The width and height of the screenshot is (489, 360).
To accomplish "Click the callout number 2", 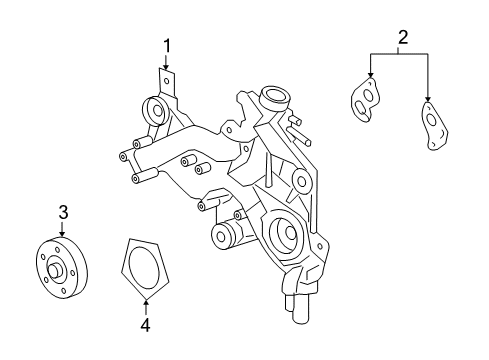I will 402,38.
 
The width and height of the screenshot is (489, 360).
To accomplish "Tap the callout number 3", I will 62,211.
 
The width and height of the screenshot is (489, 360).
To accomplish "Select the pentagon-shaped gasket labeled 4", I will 146,266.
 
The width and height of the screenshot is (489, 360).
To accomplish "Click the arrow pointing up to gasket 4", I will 146,304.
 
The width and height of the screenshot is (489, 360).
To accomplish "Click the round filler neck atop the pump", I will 274,99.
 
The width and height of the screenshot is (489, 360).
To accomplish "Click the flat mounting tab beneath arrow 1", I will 168,81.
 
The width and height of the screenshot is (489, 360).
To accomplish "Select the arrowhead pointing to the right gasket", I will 428,101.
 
